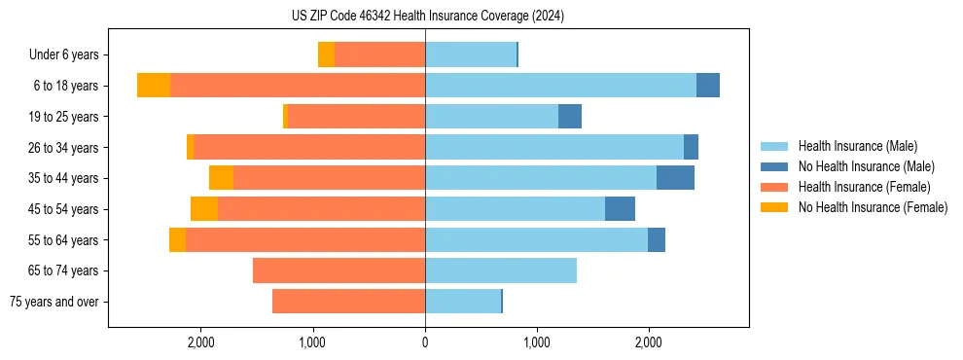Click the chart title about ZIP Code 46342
[x=427, y=17]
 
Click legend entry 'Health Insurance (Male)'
[x=857, y=146]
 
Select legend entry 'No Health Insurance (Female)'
[x=873, y=207]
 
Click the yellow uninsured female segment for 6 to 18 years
[x=154, y=86]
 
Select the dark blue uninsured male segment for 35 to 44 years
[x=675, y=178]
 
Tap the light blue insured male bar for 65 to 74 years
[x=501, y=270]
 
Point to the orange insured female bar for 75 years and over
[x=348, y=302]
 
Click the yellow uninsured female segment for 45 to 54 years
[x=204, y=209]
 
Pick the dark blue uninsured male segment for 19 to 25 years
[x=570, y=117]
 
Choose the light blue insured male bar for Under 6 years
[x=471, y=55]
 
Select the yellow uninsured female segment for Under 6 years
[x=326, y=55]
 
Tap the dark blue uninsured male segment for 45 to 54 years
[x=620, y=209]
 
